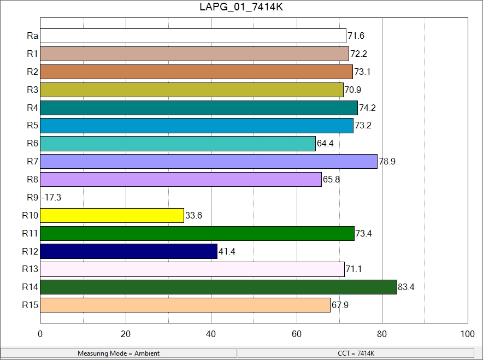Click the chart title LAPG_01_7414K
coord(241,7)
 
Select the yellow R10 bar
coord(112,216)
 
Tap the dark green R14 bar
coord(219,287)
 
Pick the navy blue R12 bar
coord(128,251)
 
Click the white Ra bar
coord(193,36)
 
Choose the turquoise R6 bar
coord(178,144)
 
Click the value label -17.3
coord(51,198)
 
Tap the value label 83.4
coord(407,287)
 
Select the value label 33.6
coord(194,216)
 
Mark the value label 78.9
coord(387,162)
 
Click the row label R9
coord(32,198)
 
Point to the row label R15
coord(30,305)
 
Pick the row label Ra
coord(32,36)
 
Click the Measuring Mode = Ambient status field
coord(119,353)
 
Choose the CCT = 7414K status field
coord(356,353)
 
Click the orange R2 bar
coord(196,72)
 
